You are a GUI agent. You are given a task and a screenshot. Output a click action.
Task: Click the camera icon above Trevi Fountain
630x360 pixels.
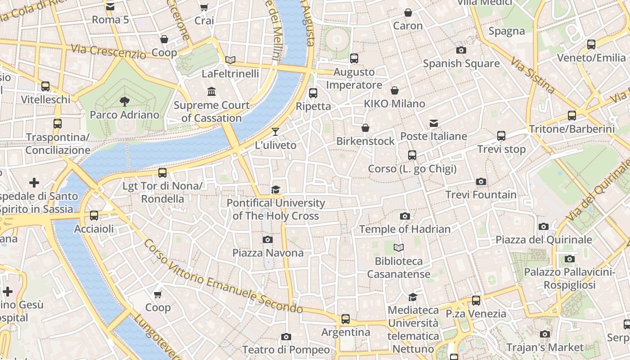point(481,182)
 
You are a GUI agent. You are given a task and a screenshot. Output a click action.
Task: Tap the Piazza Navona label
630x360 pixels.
point(268,253)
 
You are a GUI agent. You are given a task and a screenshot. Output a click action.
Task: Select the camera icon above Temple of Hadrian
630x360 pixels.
point(405,216)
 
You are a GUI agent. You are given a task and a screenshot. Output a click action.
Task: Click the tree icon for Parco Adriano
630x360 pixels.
point(125,102)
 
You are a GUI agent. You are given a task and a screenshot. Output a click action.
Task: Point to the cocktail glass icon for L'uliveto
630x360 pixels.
point(275,132)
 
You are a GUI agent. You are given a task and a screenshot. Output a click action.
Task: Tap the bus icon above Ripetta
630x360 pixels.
point(313,93)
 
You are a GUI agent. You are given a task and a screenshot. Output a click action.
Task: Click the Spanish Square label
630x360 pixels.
point(461,63)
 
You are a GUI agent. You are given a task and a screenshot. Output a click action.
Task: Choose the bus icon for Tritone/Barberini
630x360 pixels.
point(572,116)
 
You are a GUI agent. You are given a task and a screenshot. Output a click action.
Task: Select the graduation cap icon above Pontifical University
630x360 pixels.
point(275,190)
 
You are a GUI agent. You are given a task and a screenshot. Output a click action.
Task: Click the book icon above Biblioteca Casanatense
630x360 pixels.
point(399,247)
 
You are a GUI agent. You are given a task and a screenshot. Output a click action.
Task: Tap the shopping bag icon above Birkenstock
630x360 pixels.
point(365,128)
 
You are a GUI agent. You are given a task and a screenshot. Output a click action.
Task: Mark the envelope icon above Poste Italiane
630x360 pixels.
point(434,123)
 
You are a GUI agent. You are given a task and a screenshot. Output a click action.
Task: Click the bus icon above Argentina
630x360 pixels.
point(346,319)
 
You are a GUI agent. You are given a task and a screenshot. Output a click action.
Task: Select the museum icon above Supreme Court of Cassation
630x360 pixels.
point(211,92)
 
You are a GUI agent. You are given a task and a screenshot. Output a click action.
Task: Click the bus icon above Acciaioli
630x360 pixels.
point(94,216)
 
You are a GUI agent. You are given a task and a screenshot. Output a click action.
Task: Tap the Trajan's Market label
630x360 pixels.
point(544,347)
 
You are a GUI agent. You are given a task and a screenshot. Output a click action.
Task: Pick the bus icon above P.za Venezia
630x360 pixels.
point(476,301)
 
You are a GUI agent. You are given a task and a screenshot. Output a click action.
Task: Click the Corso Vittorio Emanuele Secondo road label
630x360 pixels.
point(223,278)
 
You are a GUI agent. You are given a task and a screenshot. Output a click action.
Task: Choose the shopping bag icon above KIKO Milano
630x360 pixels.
point(395,91)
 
